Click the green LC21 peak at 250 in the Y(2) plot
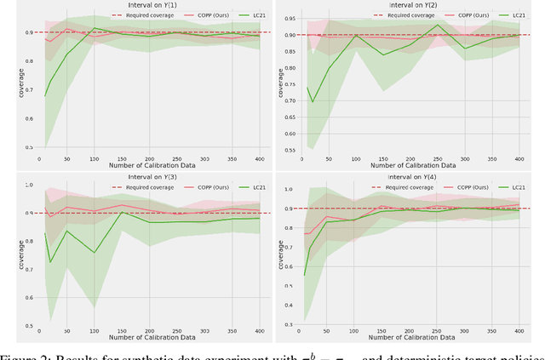tap(438, 24)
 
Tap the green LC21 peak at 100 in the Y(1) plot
tap(95, 28)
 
